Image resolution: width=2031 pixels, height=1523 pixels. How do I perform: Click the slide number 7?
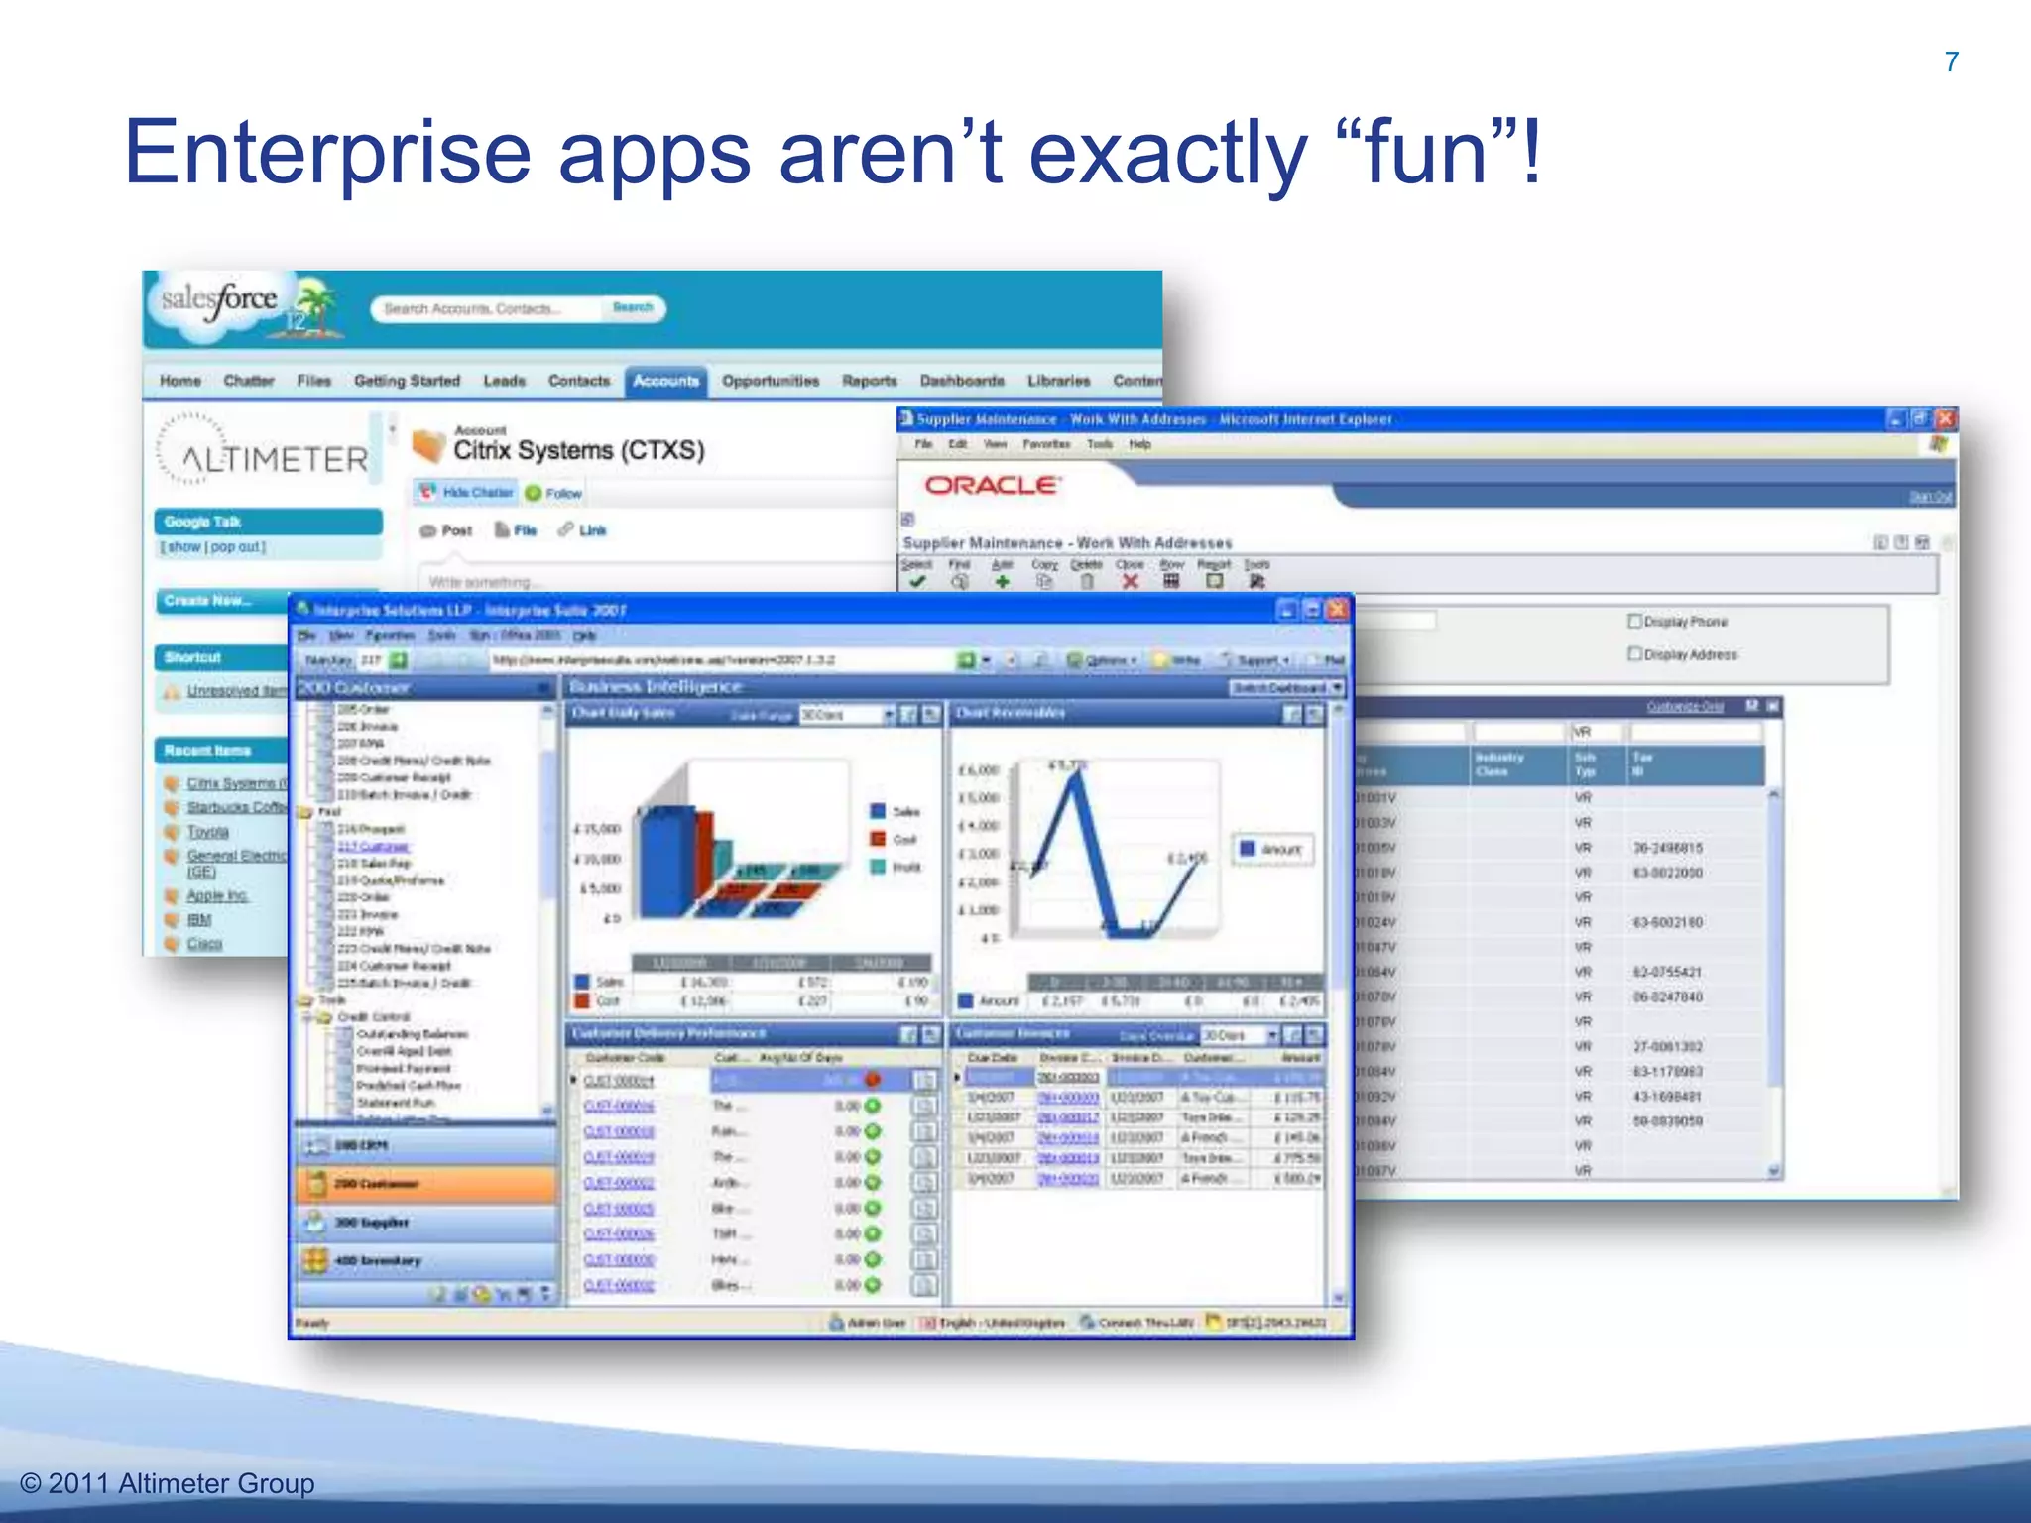click(x=1951, y=62)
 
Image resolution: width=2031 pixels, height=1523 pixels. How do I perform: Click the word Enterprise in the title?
click(x=327, y=154)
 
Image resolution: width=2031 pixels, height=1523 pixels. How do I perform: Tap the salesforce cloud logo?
click(x=219, y=299)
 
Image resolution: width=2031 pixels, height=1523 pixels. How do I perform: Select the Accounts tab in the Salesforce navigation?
click(x=665, y=381)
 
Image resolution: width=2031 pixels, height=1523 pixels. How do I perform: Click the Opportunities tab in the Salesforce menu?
click(x=771, y=381)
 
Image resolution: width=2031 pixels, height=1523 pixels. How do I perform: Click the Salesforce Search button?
click(x=633, y=308)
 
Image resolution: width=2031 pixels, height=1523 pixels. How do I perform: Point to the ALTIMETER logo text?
click(x=275, y=459)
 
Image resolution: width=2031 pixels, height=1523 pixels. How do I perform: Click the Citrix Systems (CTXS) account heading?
click(x=578, y=450)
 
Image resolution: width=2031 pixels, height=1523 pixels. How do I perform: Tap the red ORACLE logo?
click(x=991, y=485)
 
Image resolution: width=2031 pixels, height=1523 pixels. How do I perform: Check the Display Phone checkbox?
click(x=1635, y=621)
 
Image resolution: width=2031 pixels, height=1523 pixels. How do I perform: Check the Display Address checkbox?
click(x=1635, y=653)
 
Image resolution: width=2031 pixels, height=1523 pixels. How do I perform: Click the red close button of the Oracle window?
click(x=1945, y=419)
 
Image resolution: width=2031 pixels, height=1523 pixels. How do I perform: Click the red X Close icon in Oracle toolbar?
click(x=1130, y=582)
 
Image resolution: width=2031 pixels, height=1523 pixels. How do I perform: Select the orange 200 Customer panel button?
click(x=426, y=1184)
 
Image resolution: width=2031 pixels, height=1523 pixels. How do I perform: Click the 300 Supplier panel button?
click(x=426, y=1223)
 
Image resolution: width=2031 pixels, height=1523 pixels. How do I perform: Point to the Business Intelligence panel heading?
click(x=656, y=687)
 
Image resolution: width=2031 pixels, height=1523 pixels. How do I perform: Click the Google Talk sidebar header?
click(x=268, y=522)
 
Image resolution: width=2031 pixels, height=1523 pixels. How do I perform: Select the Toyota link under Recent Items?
click(x=208, y=832)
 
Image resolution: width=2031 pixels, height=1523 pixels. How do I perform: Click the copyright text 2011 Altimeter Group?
click(x=169, y=1483)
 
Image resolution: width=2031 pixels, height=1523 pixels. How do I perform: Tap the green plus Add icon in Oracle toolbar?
click(x=1002, y=582)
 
